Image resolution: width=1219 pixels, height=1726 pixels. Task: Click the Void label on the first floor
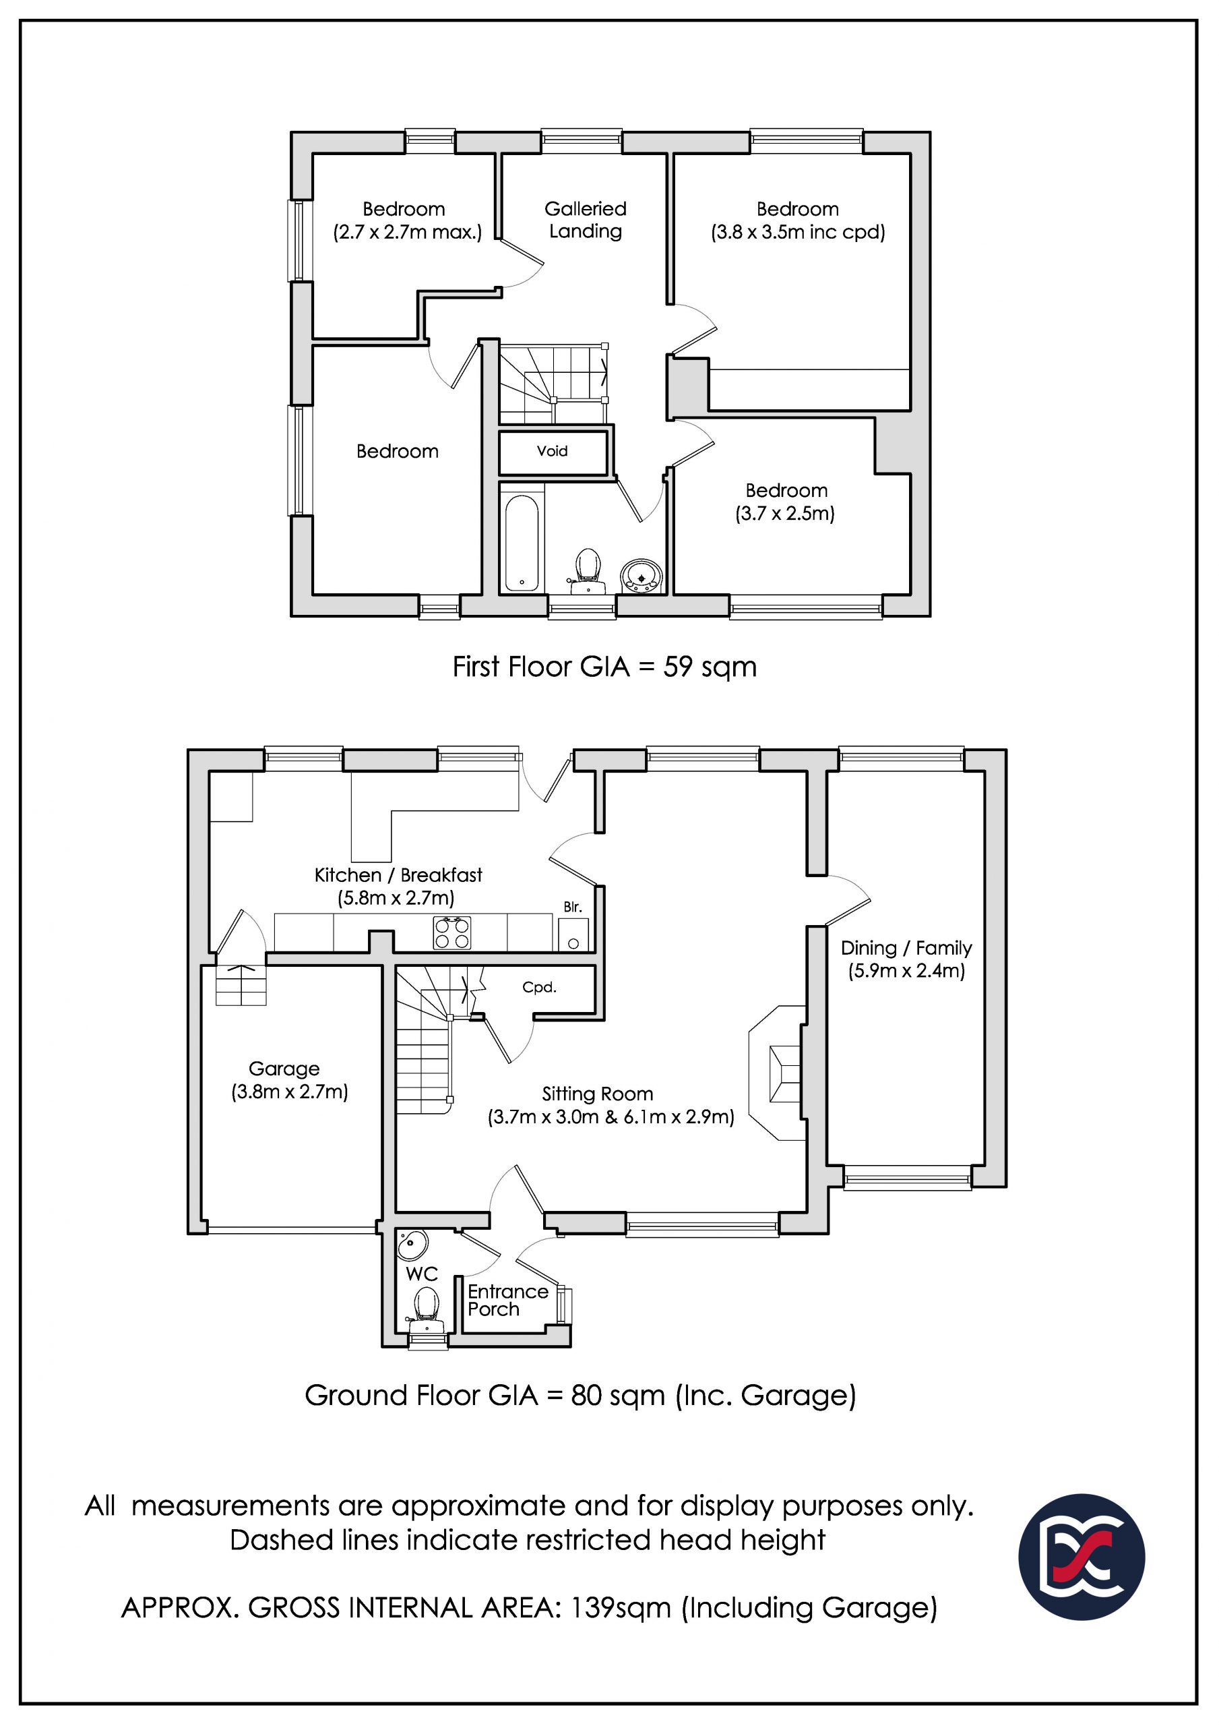point(552,451)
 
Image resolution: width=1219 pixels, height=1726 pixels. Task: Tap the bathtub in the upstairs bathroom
point(522,542)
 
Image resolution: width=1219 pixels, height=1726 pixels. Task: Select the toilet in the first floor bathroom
point(586,570)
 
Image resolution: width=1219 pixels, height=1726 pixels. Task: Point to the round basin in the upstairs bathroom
point(641,575)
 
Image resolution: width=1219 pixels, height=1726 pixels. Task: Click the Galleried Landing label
point(586,220)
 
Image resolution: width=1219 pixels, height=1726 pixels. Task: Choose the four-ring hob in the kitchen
point(451,933)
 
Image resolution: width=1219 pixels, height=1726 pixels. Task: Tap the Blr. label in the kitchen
point(573,907)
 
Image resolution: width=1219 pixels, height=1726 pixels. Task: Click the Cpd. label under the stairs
point(540,987)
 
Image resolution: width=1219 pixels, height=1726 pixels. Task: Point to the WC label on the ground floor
point(422,1274)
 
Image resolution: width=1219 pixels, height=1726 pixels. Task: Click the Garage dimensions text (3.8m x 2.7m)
point(289,1092)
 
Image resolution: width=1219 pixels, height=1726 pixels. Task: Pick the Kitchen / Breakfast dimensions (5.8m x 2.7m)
point(396,897)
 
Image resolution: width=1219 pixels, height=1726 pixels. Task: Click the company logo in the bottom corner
point(1082,1556)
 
